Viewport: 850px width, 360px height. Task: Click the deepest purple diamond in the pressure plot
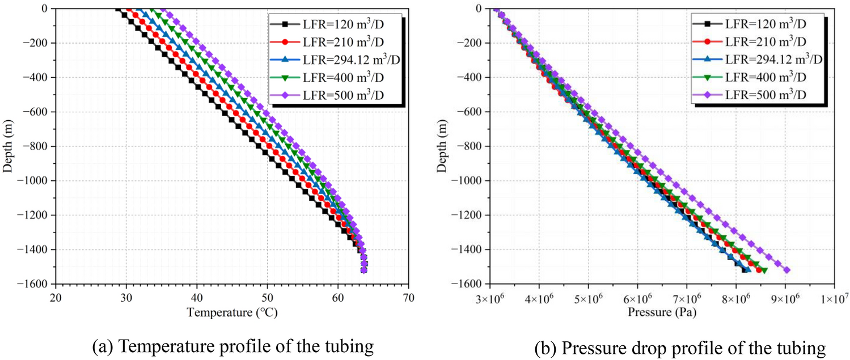[x=786, y=270]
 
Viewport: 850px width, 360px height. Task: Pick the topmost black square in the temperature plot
[x=117, y=9]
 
